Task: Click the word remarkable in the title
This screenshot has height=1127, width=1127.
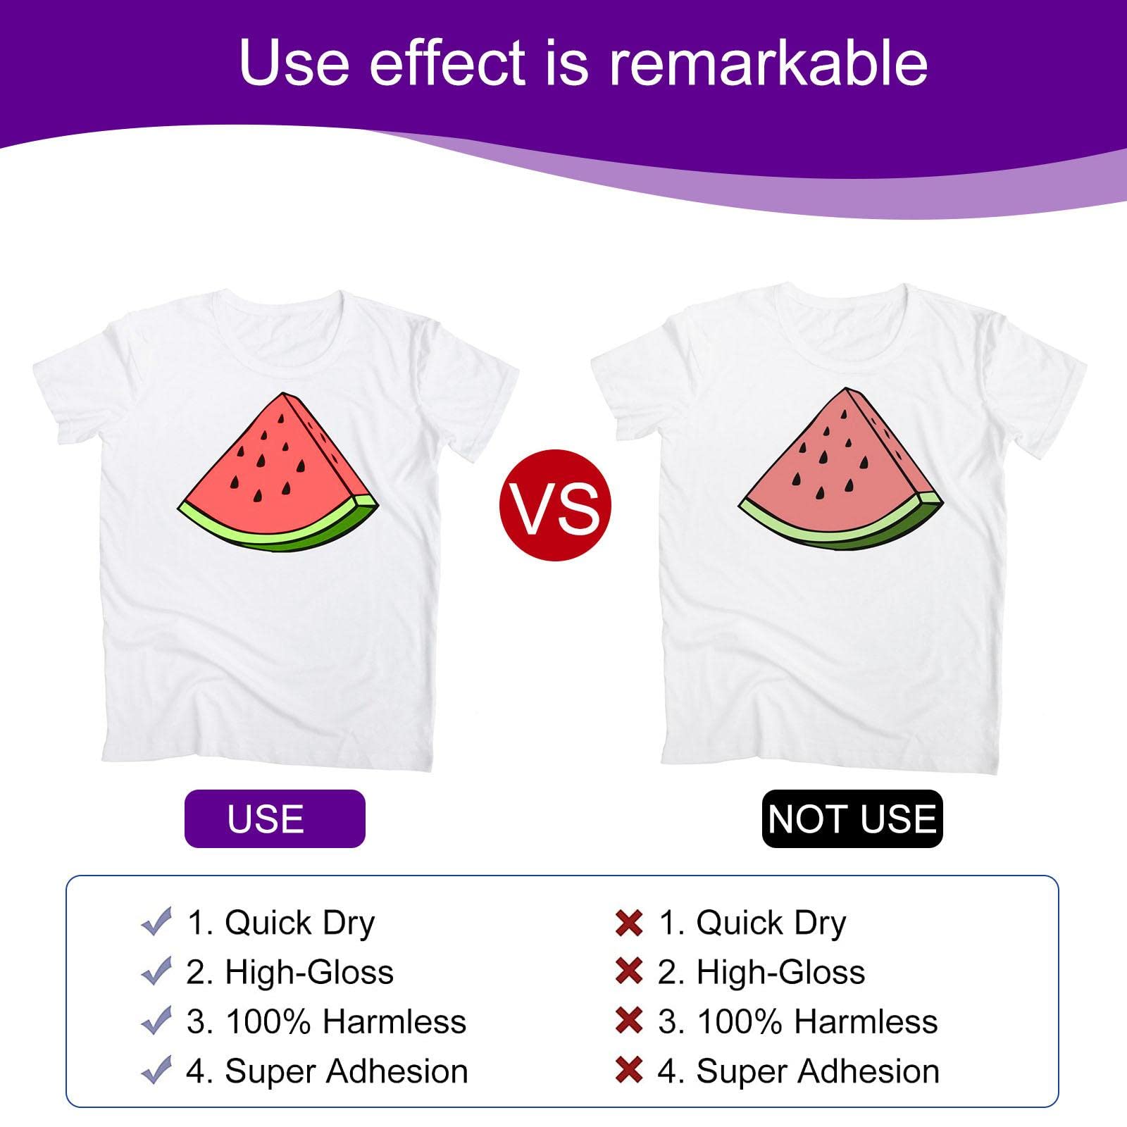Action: tap(768, 63)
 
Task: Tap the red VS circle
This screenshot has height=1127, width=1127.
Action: tap(555, 505)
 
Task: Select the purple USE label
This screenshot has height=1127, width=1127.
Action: tap(275, 818)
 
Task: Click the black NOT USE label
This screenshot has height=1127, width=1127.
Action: tap(852, 818)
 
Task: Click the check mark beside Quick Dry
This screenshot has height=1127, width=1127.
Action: tap(156, 921)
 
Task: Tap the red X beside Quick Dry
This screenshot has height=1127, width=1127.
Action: tap(628, 923)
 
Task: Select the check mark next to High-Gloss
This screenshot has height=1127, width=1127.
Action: tap(156, 971)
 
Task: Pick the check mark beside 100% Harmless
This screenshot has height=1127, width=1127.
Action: tap(156, 1021)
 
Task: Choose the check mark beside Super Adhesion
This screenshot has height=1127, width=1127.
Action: tap(156, 1070)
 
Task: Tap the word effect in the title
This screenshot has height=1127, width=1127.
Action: tap(447, 63)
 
